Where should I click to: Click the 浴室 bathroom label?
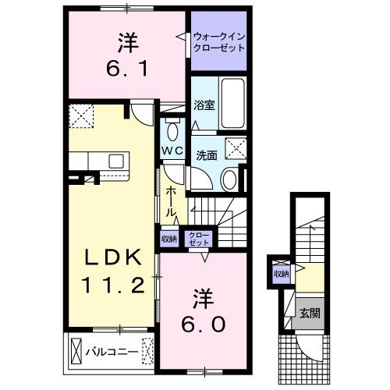[x=204, y=105]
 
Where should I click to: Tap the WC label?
[x=172, y=150]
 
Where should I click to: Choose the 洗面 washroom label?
[x=206, y=154]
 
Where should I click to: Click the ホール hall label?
[x=171, y=202]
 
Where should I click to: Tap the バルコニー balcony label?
[x=117, y=351]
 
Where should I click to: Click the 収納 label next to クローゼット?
[x=168, y=239]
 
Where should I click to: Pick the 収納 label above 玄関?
[x=281, y=275]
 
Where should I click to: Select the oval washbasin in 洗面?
[x=229, y=180]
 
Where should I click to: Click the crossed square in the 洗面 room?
[x=233, y=146]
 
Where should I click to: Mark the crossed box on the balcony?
[x=76, y=351]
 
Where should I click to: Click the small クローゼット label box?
[x=198, y=239]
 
